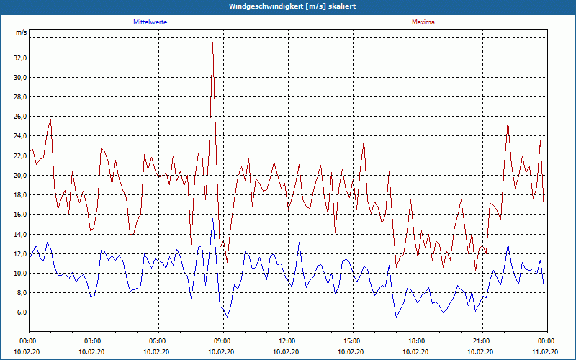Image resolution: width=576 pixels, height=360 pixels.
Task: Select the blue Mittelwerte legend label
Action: point(150,22)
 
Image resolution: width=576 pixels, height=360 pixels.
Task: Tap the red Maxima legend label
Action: point(423,22)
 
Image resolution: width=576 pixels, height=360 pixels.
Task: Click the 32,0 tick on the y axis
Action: point(20,58)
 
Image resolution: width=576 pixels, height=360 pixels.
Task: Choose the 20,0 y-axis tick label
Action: point(20,175)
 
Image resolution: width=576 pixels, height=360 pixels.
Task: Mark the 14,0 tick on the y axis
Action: point(20,234)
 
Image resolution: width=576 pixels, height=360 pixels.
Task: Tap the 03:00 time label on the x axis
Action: point(93,341)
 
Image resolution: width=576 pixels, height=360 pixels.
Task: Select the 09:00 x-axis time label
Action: point(222,341)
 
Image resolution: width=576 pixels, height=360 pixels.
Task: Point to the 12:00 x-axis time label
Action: point(287,341)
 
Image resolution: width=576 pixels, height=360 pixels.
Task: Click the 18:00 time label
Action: point(417,341)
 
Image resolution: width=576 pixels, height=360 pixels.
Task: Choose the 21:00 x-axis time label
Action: point(482,341)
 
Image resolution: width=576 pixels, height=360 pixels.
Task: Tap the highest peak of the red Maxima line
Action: point(212,43)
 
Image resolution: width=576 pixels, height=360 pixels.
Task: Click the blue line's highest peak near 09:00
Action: point(212,219)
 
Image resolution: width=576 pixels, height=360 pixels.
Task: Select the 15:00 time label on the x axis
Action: point(352,341)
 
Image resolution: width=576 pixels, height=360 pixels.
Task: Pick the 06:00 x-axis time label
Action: point(158,341)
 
